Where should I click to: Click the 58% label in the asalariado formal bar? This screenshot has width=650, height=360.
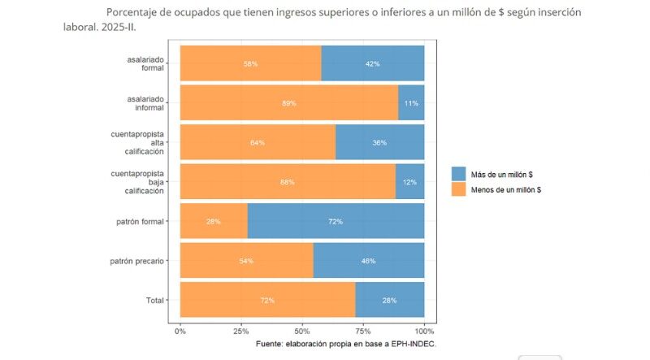250,63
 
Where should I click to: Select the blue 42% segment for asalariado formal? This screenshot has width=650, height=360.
373,63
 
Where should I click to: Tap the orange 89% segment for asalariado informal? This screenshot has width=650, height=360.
288,103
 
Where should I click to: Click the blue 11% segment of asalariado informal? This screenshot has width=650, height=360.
411,103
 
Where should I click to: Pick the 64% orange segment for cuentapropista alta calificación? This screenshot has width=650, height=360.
258,142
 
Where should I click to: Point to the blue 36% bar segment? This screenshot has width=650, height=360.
379,142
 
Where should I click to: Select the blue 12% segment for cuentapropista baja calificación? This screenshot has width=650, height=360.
409,182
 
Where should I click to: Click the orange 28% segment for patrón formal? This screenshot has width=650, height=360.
214,221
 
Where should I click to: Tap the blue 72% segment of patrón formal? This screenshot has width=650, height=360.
336,221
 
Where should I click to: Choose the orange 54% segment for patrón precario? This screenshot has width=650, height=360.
246,261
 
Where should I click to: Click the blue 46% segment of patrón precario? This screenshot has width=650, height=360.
368,261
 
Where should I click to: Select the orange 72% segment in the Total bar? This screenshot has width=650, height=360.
267,301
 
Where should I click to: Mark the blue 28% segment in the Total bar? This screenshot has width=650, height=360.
389,301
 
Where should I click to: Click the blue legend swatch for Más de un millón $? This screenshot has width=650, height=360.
459,174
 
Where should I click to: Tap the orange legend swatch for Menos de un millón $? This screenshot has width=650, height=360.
459,189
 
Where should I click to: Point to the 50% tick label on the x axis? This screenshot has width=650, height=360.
301,332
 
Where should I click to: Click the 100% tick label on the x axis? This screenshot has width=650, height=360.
423,332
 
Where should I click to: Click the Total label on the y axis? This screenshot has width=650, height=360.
155,301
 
